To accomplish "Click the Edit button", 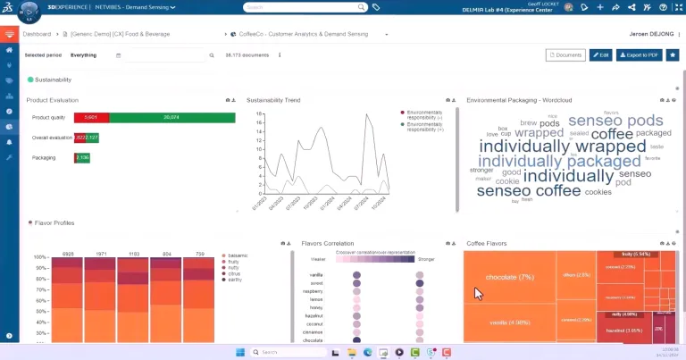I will coord(600,54).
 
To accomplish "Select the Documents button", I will coord(565,54).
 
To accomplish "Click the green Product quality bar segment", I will coord(171,117).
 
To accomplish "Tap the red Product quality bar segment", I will coord(91,117).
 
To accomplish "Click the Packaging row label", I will coord(44,158).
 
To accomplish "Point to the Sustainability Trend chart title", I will coord(273,100).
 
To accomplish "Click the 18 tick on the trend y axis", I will coord(259,113).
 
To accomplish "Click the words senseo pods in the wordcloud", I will coord(603,121).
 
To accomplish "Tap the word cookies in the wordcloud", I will coord(598,191).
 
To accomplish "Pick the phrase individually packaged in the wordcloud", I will coord(560,162).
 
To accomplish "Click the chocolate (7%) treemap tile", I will coord(509,277).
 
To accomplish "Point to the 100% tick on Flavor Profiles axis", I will coord(39,256).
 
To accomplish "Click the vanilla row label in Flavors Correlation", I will coord(315,275).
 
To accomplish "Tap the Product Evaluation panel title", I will coord(53,100).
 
